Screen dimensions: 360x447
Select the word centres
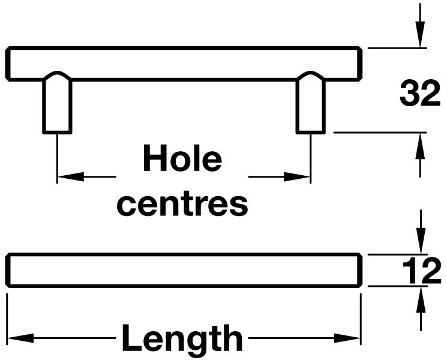[182, 204]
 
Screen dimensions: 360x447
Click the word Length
[182, 339]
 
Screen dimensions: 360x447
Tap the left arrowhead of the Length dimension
[17, 338]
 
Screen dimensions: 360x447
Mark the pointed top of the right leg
[311, 74]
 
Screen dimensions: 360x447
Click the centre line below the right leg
[311, 156]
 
